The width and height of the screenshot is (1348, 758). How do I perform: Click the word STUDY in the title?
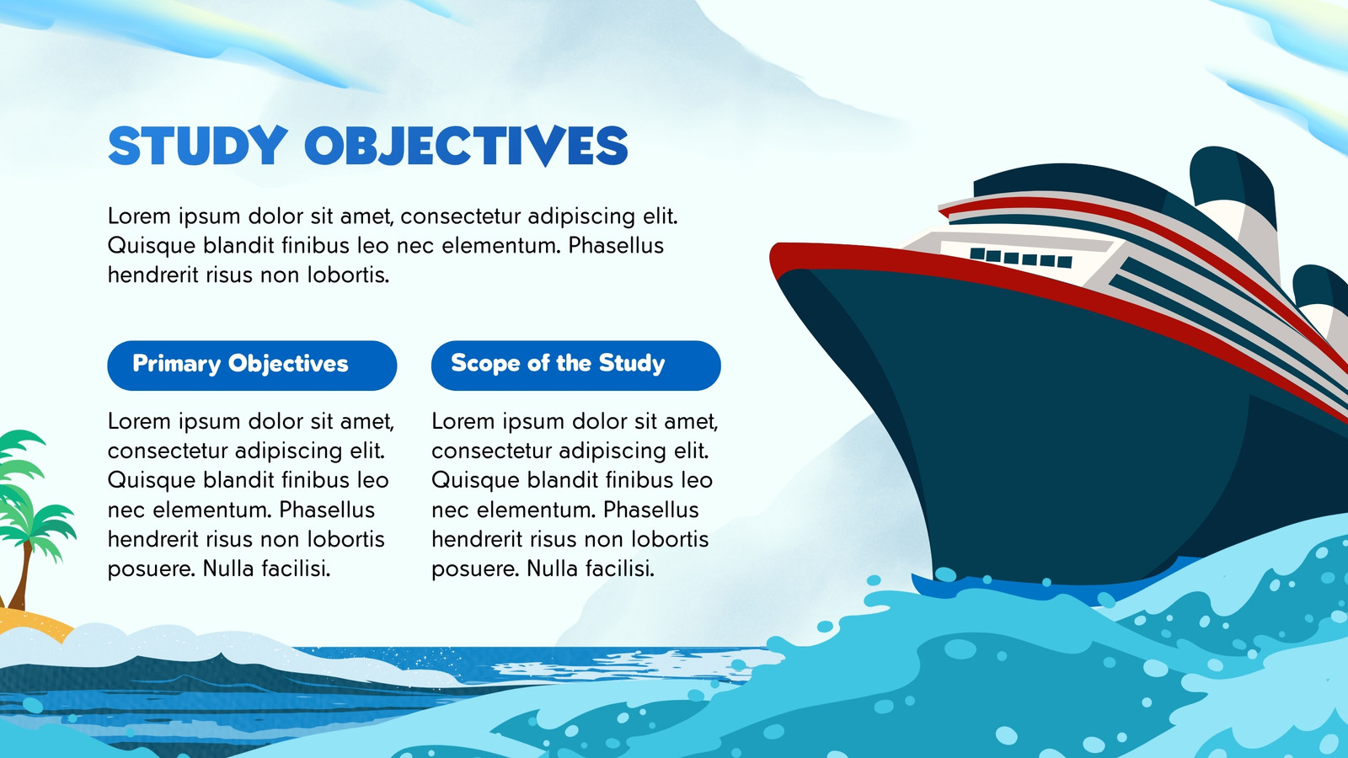(197, 146)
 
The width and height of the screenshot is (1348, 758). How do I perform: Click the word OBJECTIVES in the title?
(467, 146)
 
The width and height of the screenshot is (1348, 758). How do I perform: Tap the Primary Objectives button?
(252, 366)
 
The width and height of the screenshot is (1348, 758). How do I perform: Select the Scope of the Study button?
(576, 366)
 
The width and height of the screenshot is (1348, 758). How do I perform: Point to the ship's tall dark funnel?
(1233, 199)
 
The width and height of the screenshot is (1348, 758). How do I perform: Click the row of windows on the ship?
(1021, 258)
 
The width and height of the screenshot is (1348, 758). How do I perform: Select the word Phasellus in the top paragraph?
(616, 245)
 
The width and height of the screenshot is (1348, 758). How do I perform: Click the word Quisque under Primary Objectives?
(151, 481)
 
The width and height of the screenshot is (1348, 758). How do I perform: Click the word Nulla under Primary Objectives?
(228, 568)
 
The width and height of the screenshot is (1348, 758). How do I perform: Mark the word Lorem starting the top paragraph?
(139, 216)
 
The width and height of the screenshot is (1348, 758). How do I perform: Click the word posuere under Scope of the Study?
(475, 568)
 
